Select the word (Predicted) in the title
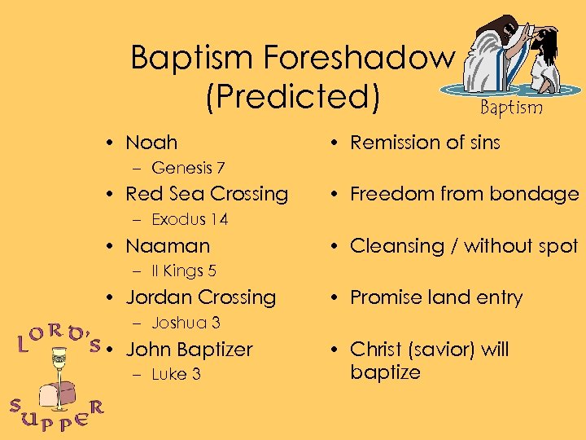coord(293,96)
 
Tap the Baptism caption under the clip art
coord(510,108)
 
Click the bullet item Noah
coord(151,143)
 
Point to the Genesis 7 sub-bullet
coord(188,168)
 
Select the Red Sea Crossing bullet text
coord(207,194)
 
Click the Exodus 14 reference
coord(190,219)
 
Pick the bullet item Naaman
coord(168,246)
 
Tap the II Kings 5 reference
coord(183,271)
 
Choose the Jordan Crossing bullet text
coord(201,297)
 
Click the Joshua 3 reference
coord(186,323)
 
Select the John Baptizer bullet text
coord(190,350)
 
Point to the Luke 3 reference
coord(176,374)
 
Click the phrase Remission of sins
coord(425,143)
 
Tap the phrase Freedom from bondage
coord(464,194)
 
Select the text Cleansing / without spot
coord(464,246)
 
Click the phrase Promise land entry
coord(436,297)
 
